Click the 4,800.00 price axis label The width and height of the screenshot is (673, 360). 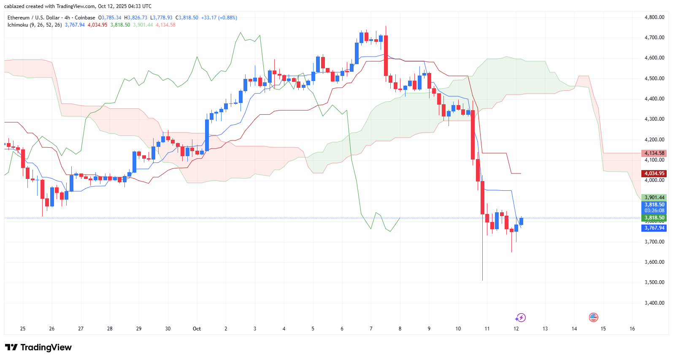click(x=654, y=17)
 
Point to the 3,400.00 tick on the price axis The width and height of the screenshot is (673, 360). click(x=654, y=303)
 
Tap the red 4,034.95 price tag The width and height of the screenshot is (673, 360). click(x=654, y=173)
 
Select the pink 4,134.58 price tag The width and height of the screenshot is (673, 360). click(x=654, y=153)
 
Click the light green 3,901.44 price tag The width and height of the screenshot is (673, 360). click(x=654, y=198)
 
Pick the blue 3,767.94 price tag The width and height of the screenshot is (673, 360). click(x=654, y=228)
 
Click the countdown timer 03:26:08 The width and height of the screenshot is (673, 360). click(x=654, y=211)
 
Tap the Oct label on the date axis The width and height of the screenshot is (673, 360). click(x=197, y=329)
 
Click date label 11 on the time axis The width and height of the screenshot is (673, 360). click(x=487, y=329)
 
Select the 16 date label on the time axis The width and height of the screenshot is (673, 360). click(x=632, y=329)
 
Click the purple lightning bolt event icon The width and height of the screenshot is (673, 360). click(x=521, y=317)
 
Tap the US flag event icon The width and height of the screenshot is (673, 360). click(x=593, y=317)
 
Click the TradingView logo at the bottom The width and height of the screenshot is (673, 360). click(x=38, y=347)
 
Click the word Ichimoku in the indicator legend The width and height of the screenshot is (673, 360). click(x=18, y=25)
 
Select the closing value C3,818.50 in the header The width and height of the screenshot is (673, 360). click(x=187, y=18)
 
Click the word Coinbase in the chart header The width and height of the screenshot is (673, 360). click(x=85, y=18)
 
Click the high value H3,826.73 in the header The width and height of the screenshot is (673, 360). click(x=135, y=18)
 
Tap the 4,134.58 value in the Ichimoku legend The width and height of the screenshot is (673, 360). click(x=165, y=25)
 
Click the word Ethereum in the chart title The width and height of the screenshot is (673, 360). click(x=19, y=18)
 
